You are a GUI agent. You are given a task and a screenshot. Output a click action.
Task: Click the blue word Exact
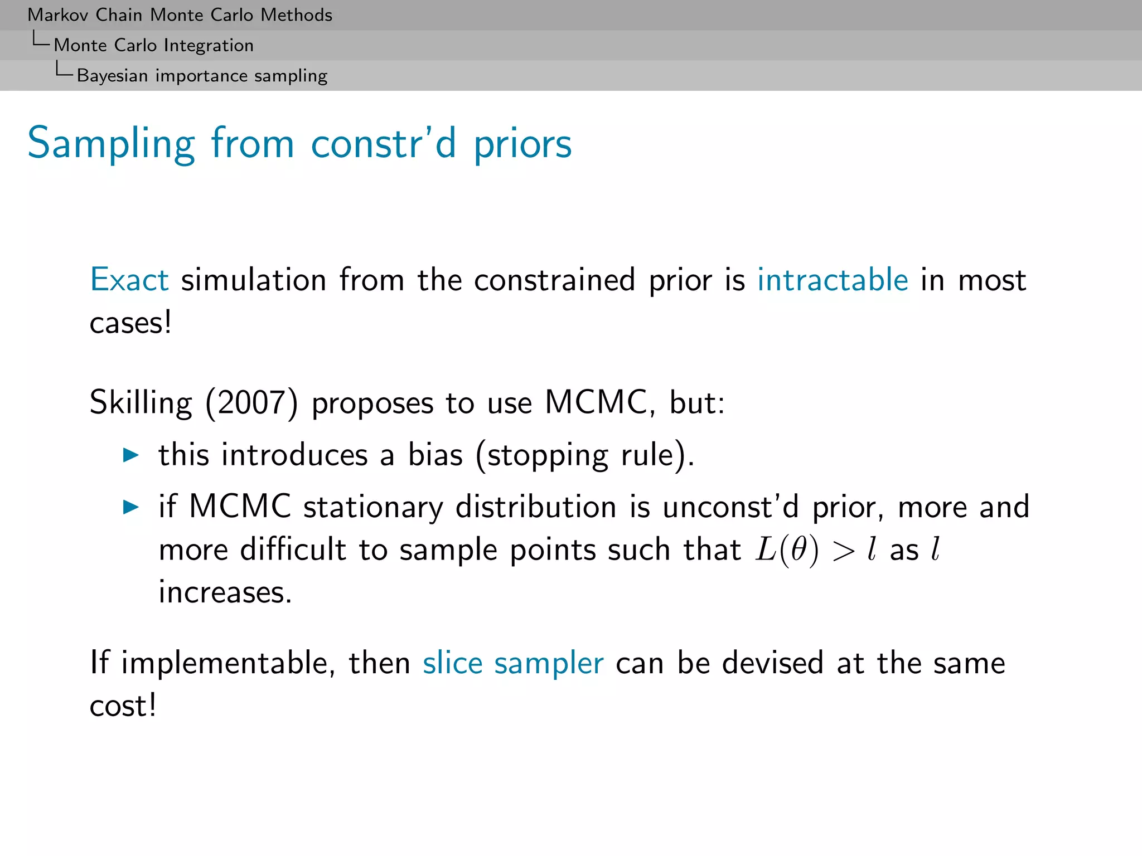129,280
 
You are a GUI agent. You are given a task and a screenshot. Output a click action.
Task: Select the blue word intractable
833,280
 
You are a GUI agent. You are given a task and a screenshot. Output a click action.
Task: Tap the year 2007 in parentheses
252,402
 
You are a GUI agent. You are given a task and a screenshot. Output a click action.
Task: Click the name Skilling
141,402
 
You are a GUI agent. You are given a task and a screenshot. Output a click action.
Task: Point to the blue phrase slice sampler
513,663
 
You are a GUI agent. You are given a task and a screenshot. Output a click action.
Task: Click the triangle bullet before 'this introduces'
130,455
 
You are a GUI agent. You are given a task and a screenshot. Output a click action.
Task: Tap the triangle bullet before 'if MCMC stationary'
130,507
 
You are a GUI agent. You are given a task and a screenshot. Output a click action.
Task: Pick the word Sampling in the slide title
112,144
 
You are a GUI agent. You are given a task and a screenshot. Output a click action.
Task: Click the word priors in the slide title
522,144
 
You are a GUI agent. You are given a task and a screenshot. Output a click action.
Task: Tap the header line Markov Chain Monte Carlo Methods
180,15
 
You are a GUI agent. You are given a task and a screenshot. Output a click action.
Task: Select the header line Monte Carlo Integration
153,45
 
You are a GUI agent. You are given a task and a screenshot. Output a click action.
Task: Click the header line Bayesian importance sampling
202,75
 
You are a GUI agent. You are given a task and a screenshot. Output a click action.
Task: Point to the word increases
225,592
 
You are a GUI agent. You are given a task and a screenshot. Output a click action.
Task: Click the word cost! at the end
123,706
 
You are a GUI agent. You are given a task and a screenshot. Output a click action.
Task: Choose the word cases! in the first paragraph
130,323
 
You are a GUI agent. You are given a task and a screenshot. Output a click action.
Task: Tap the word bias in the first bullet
435,455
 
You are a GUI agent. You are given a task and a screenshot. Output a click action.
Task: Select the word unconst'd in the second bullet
730,507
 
